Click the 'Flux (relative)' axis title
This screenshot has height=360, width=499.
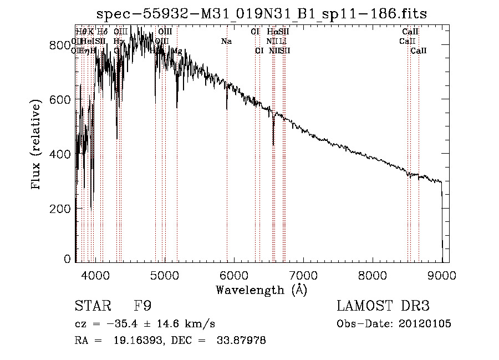(x=37, y=145)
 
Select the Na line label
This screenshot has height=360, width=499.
(x=226, y=41)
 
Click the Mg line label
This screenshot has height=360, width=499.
(x=177, y=50)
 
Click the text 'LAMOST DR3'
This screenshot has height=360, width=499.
(x=383, y=306)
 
